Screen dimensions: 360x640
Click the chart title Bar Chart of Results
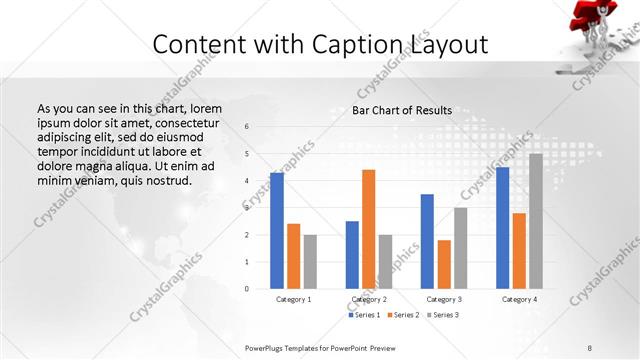401,110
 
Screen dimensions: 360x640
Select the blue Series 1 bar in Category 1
277,231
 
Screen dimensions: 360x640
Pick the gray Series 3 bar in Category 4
536,221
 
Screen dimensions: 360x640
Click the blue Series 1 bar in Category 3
427,241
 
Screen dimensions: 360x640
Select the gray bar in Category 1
311,262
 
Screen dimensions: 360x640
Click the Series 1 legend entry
365,315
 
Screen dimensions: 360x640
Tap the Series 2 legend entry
403,315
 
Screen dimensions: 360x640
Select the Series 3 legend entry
441,315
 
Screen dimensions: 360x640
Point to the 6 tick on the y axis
247,126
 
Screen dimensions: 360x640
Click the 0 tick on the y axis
247,289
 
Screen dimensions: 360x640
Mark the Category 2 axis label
368,299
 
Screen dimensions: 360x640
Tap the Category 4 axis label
519,299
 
